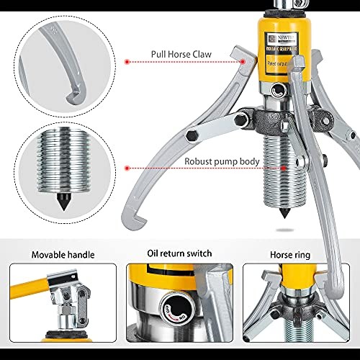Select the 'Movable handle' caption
(x=60, y=253)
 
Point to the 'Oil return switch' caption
(x=179, y=253)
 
